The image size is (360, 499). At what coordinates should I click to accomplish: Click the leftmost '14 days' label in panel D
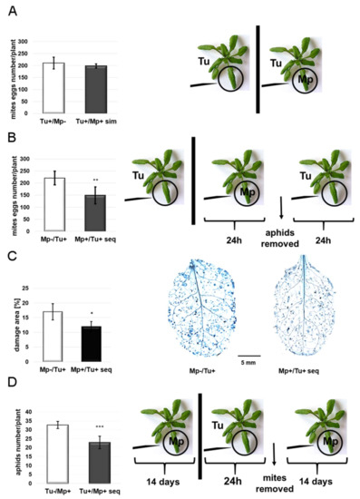click(153, 475)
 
